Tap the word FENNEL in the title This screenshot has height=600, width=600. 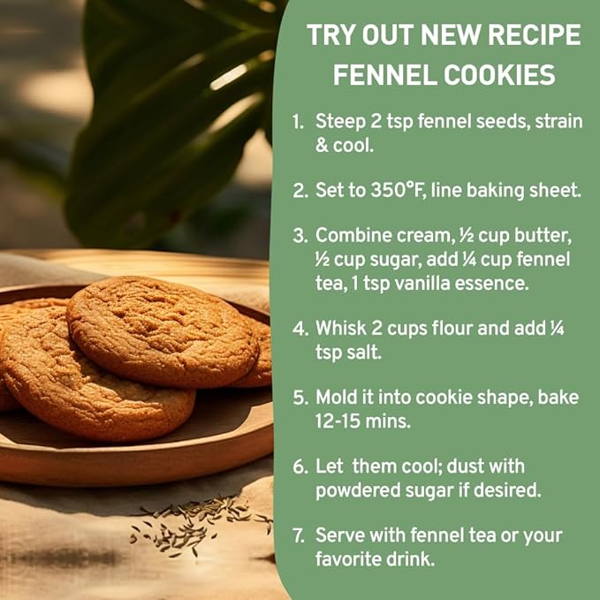pyautogui.click(x=384, y=74)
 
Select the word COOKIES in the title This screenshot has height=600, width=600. pyautogui.click(x=499, y=74)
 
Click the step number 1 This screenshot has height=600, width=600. pyautogui.click(x=298, y=122)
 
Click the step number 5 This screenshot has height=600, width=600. pyautogui.click(x=300, y=398)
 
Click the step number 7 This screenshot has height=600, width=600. pyautogui.click(x=299, y=535)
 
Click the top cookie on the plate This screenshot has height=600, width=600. pyautogui.click(x=163, y=331)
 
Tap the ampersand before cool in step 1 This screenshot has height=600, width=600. pyautogui.click(x=321, y=146)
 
